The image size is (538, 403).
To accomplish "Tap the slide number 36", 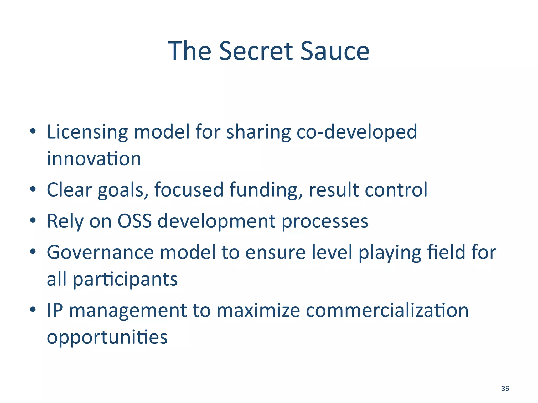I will pos(505,389).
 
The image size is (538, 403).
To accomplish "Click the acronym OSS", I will pos(134,221).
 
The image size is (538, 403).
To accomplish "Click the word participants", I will pos(125,279).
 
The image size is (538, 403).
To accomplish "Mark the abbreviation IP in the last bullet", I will pos(55,310).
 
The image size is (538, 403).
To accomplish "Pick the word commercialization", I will pos(387,310).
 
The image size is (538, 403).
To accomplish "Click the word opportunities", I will pos(107,338).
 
